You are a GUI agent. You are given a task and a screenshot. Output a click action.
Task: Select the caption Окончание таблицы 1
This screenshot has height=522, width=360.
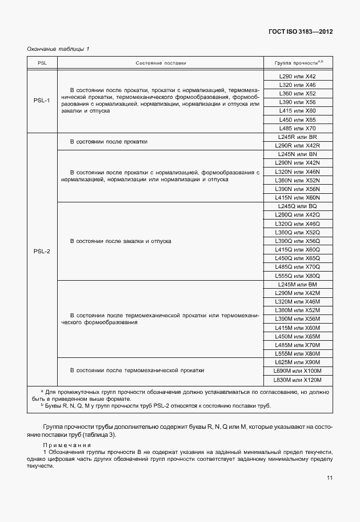(58, 49)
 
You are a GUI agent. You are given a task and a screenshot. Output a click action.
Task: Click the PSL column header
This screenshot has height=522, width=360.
(42, 62)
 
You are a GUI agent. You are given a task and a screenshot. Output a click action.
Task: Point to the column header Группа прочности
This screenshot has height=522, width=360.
(299, 62)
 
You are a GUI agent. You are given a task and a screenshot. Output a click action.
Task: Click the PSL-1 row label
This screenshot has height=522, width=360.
(42, 102)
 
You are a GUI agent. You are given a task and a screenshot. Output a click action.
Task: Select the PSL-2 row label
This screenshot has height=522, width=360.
(42, 250)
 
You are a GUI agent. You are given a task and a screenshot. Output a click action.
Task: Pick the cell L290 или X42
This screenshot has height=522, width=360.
(297, 76)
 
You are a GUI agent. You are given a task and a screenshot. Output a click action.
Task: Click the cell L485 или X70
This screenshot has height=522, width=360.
(297, 129)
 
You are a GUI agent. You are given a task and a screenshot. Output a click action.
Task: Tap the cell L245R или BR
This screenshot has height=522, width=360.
(297, 138)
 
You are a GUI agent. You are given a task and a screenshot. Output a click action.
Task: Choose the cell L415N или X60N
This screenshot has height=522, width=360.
(297, 197)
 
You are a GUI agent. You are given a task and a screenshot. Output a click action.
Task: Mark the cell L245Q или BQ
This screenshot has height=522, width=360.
(297, 206)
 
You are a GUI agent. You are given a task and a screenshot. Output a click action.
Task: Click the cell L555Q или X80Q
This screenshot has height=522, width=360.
(297, 275)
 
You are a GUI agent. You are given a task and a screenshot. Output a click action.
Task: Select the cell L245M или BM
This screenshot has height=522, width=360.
(297, 284)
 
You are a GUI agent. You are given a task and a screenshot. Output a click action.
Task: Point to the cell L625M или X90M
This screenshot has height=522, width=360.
(297, 362)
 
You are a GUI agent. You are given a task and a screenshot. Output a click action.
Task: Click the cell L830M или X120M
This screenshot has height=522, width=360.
(297, 380)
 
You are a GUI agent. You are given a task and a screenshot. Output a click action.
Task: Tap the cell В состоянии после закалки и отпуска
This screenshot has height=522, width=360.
(121, 242)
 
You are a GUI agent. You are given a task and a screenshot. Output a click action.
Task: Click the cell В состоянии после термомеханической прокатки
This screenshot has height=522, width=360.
(137, 370)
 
